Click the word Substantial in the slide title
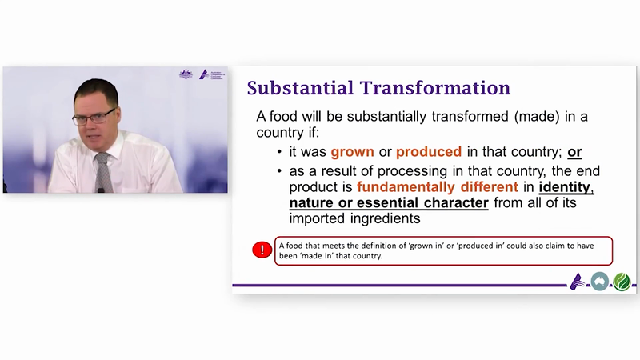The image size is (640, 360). [300, 88]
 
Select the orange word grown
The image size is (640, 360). [352, 152]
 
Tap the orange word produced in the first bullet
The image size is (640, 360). [429, 152]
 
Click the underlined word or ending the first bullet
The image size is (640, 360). [574, 152]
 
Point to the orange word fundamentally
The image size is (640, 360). [406, 187]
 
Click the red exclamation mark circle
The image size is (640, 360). [262, 250]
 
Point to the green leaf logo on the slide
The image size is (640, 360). [622, 282]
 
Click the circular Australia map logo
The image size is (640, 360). [599, 282]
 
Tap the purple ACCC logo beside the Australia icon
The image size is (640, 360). [578, 282]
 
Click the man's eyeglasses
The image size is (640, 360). [94, 117]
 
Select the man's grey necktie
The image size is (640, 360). [103, 172]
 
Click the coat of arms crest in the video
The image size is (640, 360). [186, 74]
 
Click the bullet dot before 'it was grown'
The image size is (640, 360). [279, 152]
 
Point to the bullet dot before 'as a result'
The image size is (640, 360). [279, 171]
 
